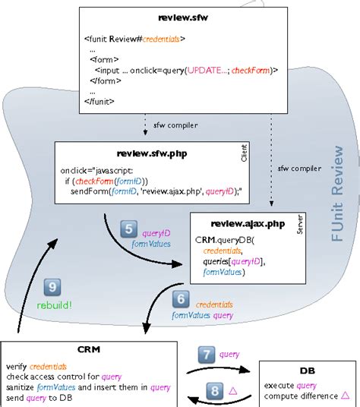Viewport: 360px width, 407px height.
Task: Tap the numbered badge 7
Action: point(207,354)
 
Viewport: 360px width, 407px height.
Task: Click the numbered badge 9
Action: point(52,288)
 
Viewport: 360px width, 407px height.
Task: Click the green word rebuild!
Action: point(52,304)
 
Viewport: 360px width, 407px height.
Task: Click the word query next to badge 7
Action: point(230,354)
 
